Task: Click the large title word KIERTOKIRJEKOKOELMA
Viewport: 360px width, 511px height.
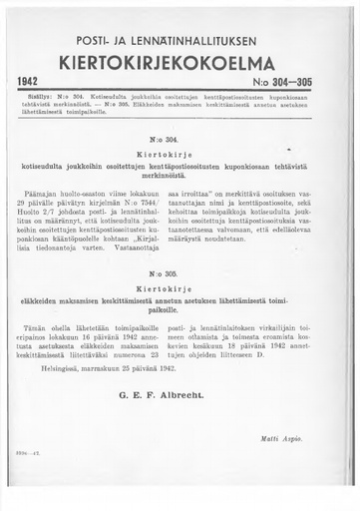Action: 180,64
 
